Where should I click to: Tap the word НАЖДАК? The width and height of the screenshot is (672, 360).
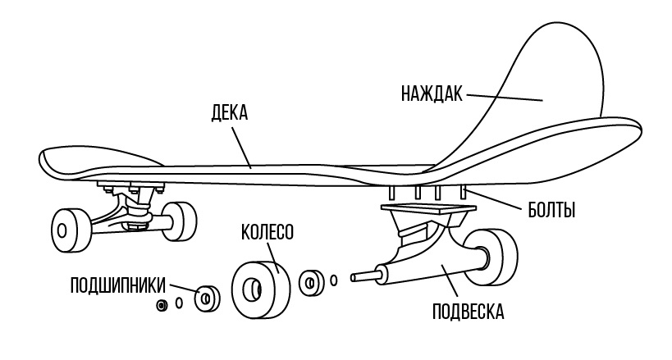tap(432, 92)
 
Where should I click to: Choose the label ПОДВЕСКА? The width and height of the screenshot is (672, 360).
tap(468, 312)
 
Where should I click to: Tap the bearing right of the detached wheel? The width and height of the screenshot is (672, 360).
tap(311, 283)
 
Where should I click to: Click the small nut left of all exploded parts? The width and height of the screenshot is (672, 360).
tap(162, 305)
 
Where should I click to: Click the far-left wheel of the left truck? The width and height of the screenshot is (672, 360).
tap(69, 229)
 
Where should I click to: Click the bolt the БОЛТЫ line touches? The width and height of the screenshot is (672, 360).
tap(464, 194)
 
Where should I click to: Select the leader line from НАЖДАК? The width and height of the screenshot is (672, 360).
tap(505, 97)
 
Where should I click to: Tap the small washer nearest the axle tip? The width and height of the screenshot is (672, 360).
tap(333, 280)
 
